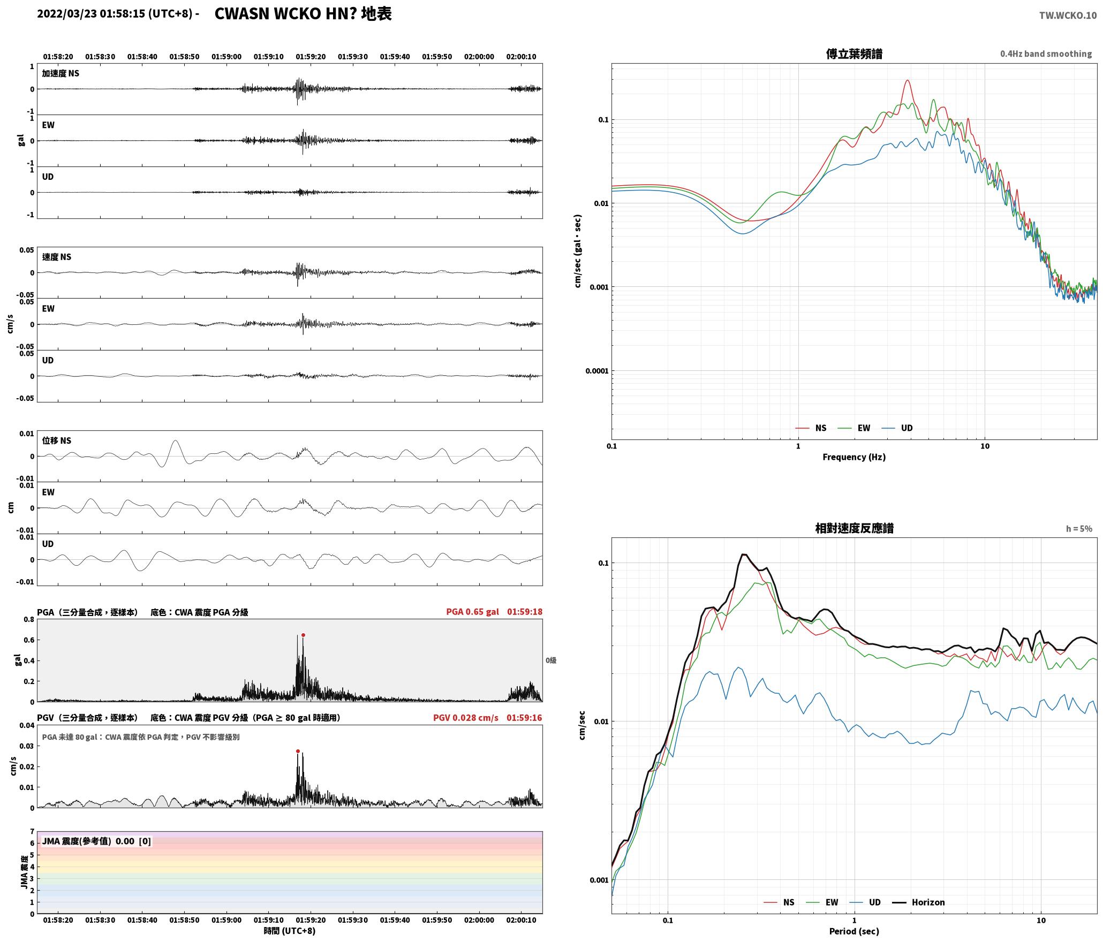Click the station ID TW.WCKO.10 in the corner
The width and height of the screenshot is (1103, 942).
(x=1068, y=16)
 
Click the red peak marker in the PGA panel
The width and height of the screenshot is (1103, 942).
(x=303, y=635)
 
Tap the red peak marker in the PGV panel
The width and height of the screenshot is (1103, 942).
(x=298, y=751)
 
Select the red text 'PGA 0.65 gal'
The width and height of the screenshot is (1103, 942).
(x=472, y=612)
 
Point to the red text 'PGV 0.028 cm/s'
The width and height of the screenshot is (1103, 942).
(x=465, y=718)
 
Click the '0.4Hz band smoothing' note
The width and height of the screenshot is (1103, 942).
(x=1046, y=54)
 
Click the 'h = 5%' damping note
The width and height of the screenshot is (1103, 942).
(x=1079, y=529)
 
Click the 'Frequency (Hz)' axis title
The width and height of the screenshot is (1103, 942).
(x=854, y=457)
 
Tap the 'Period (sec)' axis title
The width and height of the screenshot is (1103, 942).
(x=854, y=931)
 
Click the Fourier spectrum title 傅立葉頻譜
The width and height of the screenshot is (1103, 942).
(x=854, y=54)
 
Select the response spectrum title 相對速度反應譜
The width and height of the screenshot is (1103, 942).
(x=854, y=528)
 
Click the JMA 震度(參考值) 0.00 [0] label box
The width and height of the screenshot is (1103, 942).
(x=96, y=841)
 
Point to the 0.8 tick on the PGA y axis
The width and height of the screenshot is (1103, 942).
(x=28, y=620)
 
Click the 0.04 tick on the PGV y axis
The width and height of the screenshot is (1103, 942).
(x=27, y=726)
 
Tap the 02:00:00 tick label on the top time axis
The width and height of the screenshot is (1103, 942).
(x=479, y=57)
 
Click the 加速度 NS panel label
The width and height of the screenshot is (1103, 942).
(x=61, y=73)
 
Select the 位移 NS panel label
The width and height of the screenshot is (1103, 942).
(x=57, y=440)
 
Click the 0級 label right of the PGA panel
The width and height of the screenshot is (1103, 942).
(x=551, y=660)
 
